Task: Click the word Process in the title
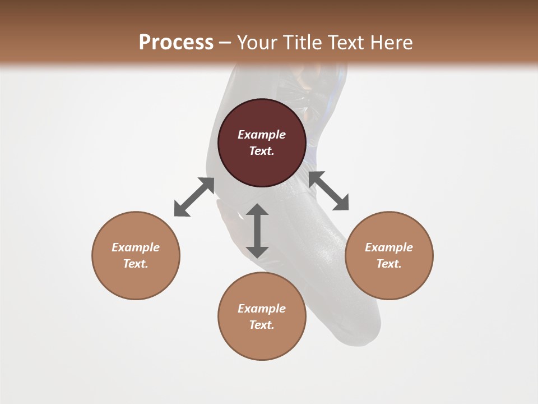click(x=176, y=43)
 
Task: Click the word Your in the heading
click(x=258, y=43)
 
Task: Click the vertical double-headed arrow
click(x=257, y=231)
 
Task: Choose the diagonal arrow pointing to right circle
click(x=329, y=191)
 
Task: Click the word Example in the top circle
click(x=262, y=135)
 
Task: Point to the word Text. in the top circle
click(x=262, y=151)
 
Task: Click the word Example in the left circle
click(x=136, y=247)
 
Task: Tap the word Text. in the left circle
click(x=136, y=264)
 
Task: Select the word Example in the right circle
click(x=389, y=247)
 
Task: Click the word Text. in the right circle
click(x=389, y=264)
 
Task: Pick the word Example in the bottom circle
click(x=262, y=309)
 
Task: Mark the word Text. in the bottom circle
click(x=262, y=325)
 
